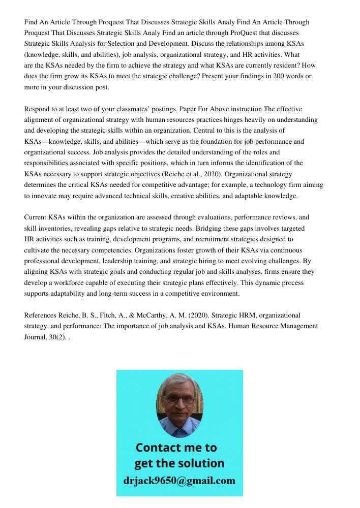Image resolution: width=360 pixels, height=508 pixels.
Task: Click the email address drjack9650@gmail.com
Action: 179,481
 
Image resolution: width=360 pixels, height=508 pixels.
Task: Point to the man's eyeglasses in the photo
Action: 180,400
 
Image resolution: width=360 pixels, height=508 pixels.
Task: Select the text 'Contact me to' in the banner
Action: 176,448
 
